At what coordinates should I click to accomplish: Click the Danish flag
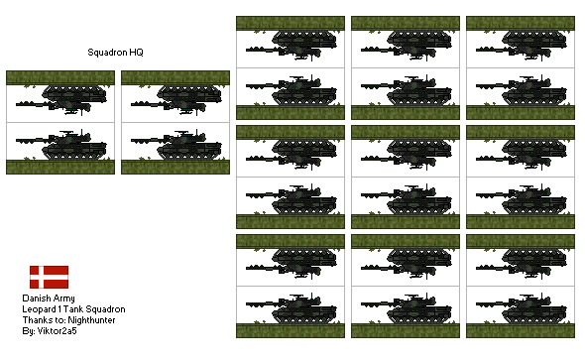pyautogui.click(x=48, y=278)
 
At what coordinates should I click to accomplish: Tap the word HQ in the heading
pyautogui.click(x=134, y=52)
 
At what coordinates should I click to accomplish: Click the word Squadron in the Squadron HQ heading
pyautogui.click(x=105, y=52)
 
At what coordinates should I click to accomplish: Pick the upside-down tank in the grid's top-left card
pyautogui.click(x=292, y=45)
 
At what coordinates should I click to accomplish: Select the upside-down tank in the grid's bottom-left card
pyautogui.click(x=292, y=263)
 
